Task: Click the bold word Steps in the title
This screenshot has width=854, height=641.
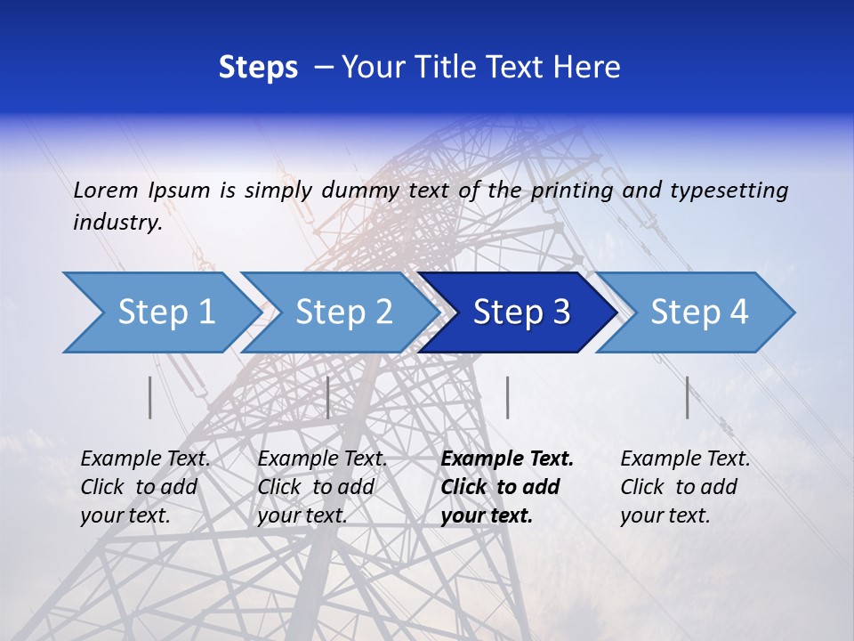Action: click(258, 68)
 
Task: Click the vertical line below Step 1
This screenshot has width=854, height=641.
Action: click(150, 397)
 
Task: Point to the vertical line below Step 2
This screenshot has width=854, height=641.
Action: click(328, 397)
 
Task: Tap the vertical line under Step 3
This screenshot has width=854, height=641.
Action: click(507, 397)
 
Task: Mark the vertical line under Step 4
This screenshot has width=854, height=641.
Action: click(688, 397)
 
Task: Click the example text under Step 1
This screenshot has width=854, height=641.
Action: click(144, 487)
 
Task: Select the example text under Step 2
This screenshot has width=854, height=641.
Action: click(321, 487)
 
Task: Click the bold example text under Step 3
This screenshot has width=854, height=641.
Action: click(506, 487)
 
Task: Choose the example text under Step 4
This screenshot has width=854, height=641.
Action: click(684, 487)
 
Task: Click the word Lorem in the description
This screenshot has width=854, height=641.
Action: click(106, 191)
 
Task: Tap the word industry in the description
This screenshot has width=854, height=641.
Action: click(117, 223)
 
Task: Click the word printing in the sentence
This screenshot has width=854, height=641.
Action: click(569, 191)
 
